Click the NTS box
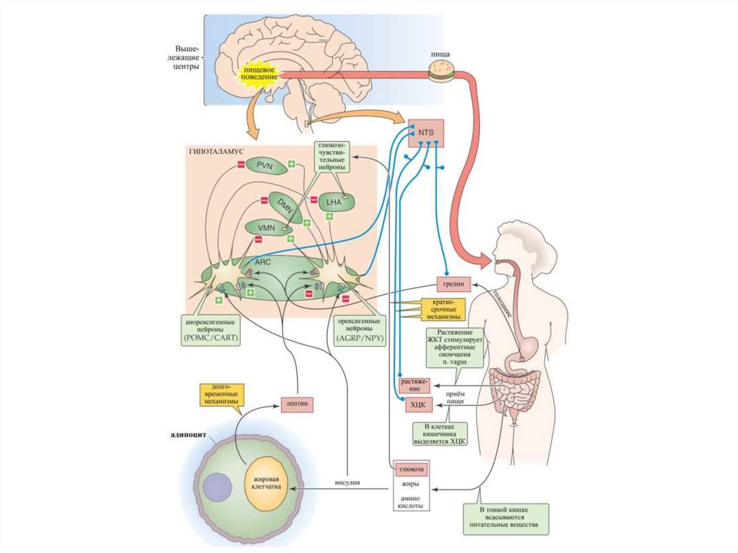pyautogui.click(x=426, y=133)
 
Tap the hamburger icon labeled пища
pyautogui.click(x=439, y=70)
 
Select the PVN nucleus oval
pyautogui.click(x=267, y=166)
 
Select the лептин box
pyautogui.click(x=297, y=404)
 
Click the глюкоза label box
pyautogui.click(x=412, y=469)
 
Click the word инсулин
pyautogui.click(x=347, y=482)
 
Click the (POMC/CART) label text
pyautogui.click(x=213, y=337)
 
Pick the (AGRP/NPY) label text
pyautogui.click(x=357, y=337)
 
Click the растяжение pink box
pyautogui.click(x=414, y=383)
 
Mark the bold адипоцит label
pyautogui.click(x=189, y=435)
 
